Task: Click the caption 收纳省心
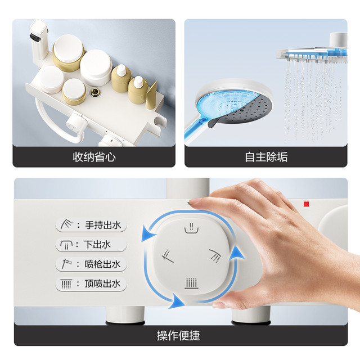click(x=94, y=157)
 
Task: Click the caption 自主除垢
click(x=266, y=157)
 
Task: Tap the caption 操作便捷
click(x=178, y=336)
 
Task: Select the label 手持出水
click(x=103, y=225)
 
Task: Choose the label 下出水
click(x=97, y=244)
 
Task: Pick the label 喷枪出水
click(x=102, y=264)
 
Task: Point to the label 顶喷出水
click(x=102, y=283)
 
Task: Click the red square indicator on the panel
click(x=306, y=204)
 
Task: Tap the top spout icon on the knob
click(x=191, y=228)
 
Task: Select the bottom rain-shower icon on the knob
click(x=191, y=283)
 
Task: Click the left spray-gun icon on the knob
click(x=168, y=256)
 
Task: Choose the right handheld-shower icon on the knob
click(x=215, y=255)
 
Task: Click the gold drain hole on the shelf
click(x=94, y=92)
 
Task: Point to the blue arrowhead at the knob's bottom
click(x=176, y=301)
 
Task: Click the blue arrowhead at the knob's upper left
click(x=147, y=233)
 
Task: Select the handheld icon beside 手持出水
click(x=66, y=224)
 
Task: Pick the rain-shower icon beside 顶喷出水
click(x=66, y=283)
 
